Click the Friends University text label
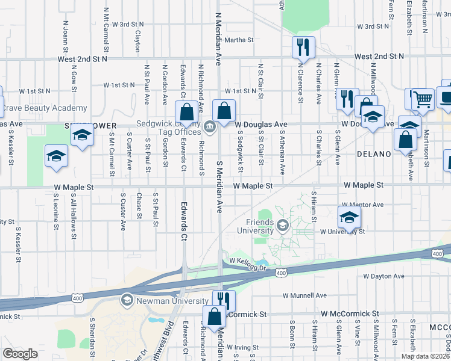pyautogui.click(x=260, y=226)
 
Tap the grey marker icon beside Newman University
pyautogui.click(x=127, y=299)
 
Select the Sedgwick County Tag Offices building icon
pyautogui.click(x=210, y=126)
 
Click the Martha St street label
pyautogui.click(x=239, y=40)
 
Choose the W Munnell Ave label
pyautogui.click(x=304, y=295)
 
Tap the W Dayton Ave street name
pyautogui.click(x=382, y=276)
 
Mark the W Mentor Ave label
pyautogui.click(x=362, y=205)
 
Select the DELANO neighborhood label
pyautogui.click(x=374, y=154)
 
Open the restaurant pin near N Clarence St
pyautogui.click(x=303, y=46)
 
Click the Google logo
pyautogui.click(x=20, y=354)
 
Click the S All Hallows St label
pyautogui.click(x=74, y=209)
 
